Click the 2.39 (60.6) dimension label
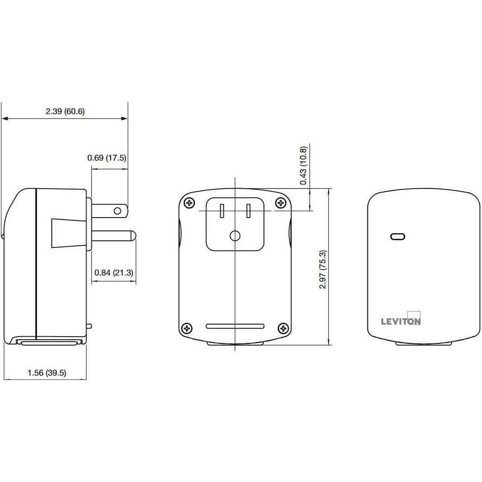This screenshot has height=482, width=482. click(65, 111)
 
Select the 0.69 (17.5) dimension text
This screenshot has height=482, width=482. click(107, 157)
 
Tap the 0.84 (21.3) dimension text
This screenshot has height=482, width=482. click(114, 273)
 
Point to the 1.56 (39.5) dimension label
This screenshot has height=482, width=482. click(47, 373)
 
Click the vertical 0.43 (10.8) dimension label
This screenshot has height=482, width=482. click(304, 165)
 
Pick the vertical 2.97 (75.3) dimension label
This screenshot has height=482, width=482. click(323, 269)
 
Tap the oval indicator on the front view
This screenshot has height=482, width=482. click(397, 236)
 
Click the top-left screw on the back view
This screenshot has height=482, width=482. click(190, 203)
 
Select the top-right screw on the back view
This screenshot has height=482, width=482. click(281, 203)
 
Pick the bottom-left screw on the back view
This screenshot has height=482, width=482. click(187, 329)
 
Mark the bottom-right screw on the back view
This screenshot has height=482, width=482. click(283, 329)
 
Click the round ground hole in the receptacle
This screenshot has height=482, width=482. click(235, 236)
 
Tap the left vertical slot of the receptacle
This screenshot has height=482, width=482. click(222, 210)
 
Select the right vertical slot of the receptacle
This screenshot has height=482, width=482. click(249, 210)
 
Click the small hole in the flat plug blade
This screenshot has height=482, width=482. click(118, 210)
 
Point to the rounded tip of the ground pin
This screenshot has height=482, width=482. click(133, 236)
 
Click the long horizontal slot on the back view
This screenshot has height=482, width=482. click(235, 326)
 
